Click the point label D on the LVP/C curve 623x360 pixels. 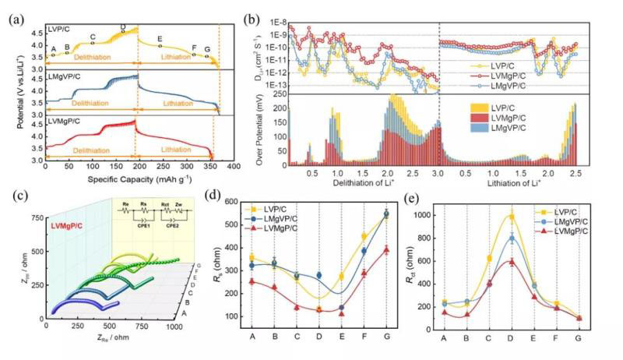pos(123,26)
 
